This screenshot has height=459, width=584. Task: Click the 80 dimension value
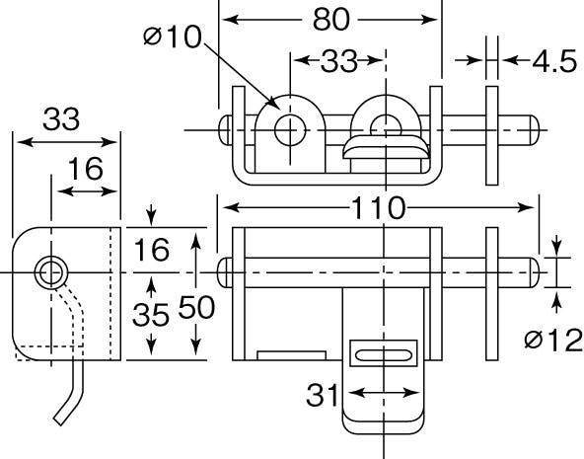coord(331,20)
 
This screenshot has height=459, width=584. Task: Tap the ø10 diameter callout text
coord(173,37)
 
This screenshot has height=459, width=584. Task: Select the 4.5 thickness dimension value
coord(554,61)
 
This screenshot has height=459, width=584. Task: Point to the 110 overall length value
coord(378,208)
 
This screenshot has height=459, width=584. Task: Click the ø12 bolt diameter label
coord(553,340)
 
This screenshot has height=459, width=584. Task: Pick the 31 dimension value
coord(323,395)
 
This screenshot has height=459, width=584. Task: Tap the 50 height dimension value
coord(196,307)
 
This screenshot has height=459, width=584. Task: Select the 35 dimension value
coord(151,315)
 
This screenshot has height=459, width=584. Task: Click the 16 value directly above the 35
coord(151,250)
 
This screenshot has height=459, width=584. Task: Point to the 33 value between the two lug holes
coord(338,61)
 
